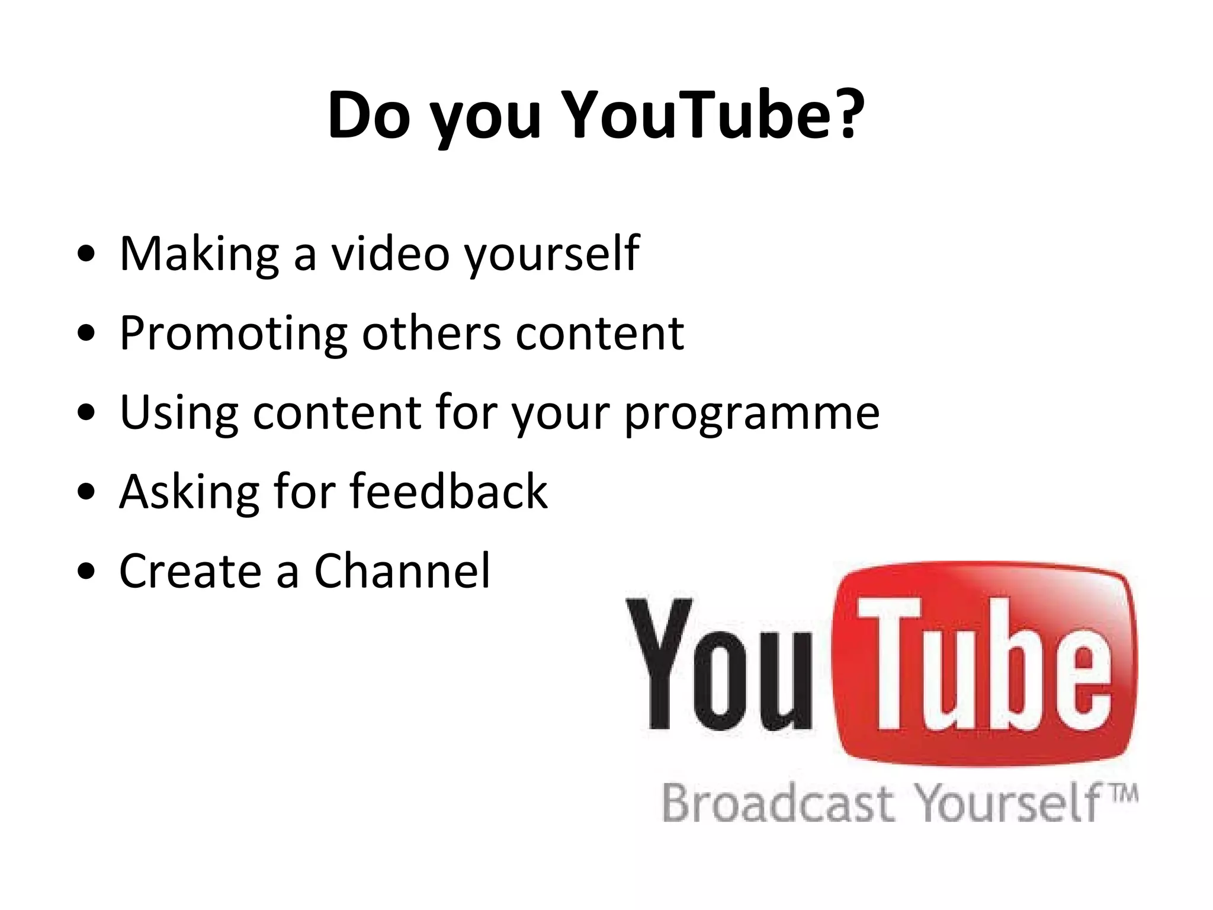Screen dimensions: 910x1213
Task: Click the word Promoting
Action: pyautogui.click(x=233, y=334)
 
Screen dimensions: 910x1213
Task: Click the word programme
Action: pyautogui.click(x=752, y=413)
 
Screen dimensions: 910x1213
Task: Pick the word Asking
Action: pyautogui.click(x=189, y=492)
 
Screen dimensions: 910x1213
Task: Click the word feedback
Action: pyautogui.click(x=448, y=491)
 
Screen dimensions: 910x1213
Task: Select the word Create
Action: pyautogui.click(x=190, y=571)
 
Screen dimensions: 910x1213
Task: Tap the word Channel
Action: pyautogui.click(x=402, y=571)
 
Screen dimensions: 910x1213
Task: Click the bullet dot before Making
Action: pyautogui.click(x=86, y=254)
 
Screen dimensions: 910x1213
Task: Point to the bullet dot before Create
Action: pyautogui.click(x=86, y=572)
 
